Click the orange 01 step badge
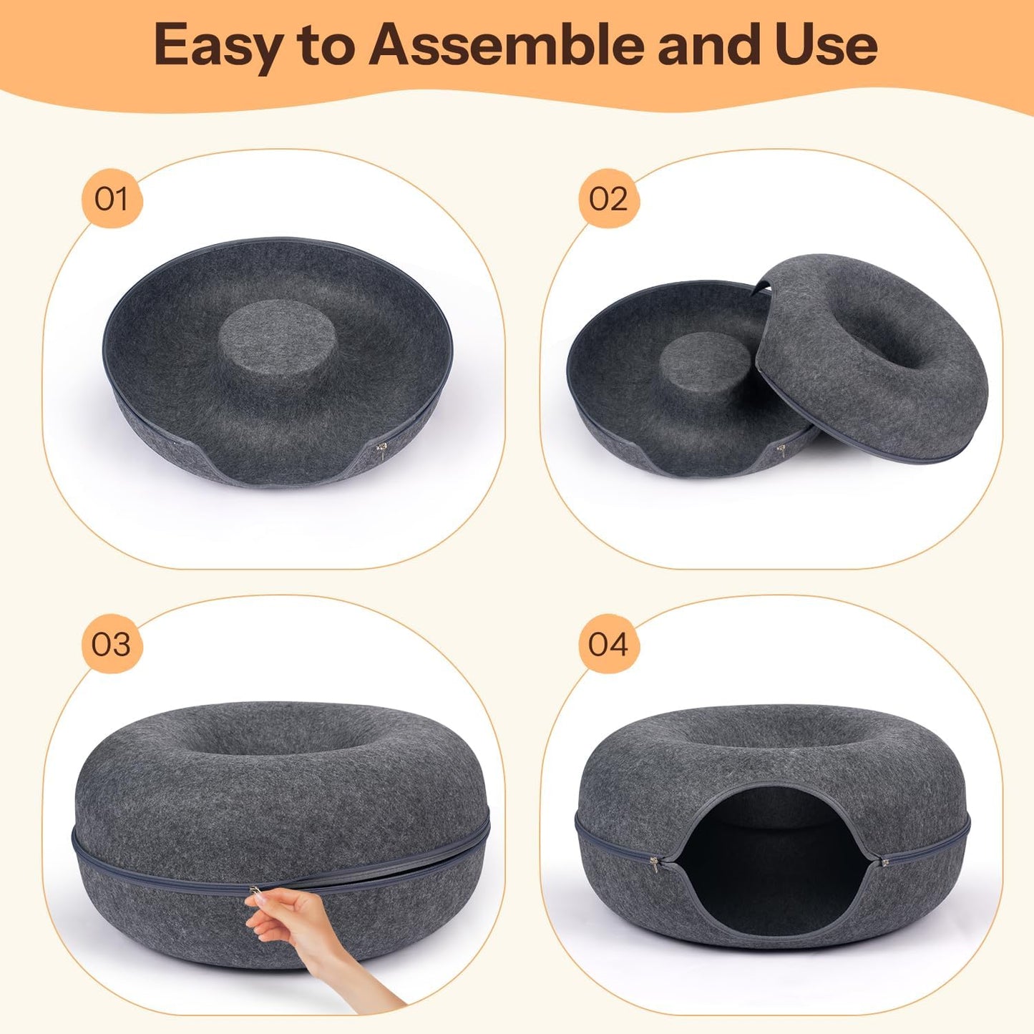click(112, 199)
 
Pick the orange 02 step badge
click(608, 199)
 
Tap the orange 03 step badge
click(112, 644)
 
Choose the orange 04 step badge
click(608, 644)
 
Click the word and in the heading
click(709, 44)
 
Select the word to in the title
click(326, 46)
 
